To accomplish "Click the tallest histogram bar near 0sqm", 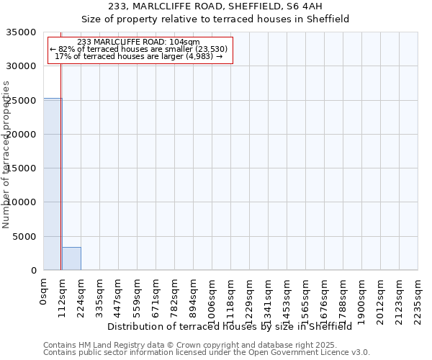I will (52, 184).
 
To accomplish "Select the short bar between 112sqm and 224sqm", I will (71, 258).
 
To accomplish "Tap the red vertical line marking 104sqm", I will (61, 158).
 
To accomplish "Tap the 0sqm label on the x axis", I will (44, 291).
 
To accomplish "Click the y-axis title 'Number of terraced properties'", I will (6, 154).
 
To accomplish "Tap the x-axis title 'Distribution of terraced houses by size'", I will (230, 326).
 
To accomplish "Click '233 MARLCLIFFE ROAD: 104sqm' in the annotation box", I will (138, 42).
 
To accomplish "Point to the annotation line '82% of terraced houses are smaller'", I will (139, 49).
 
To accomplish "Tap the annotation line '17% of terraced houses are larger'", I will (139, 56).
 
